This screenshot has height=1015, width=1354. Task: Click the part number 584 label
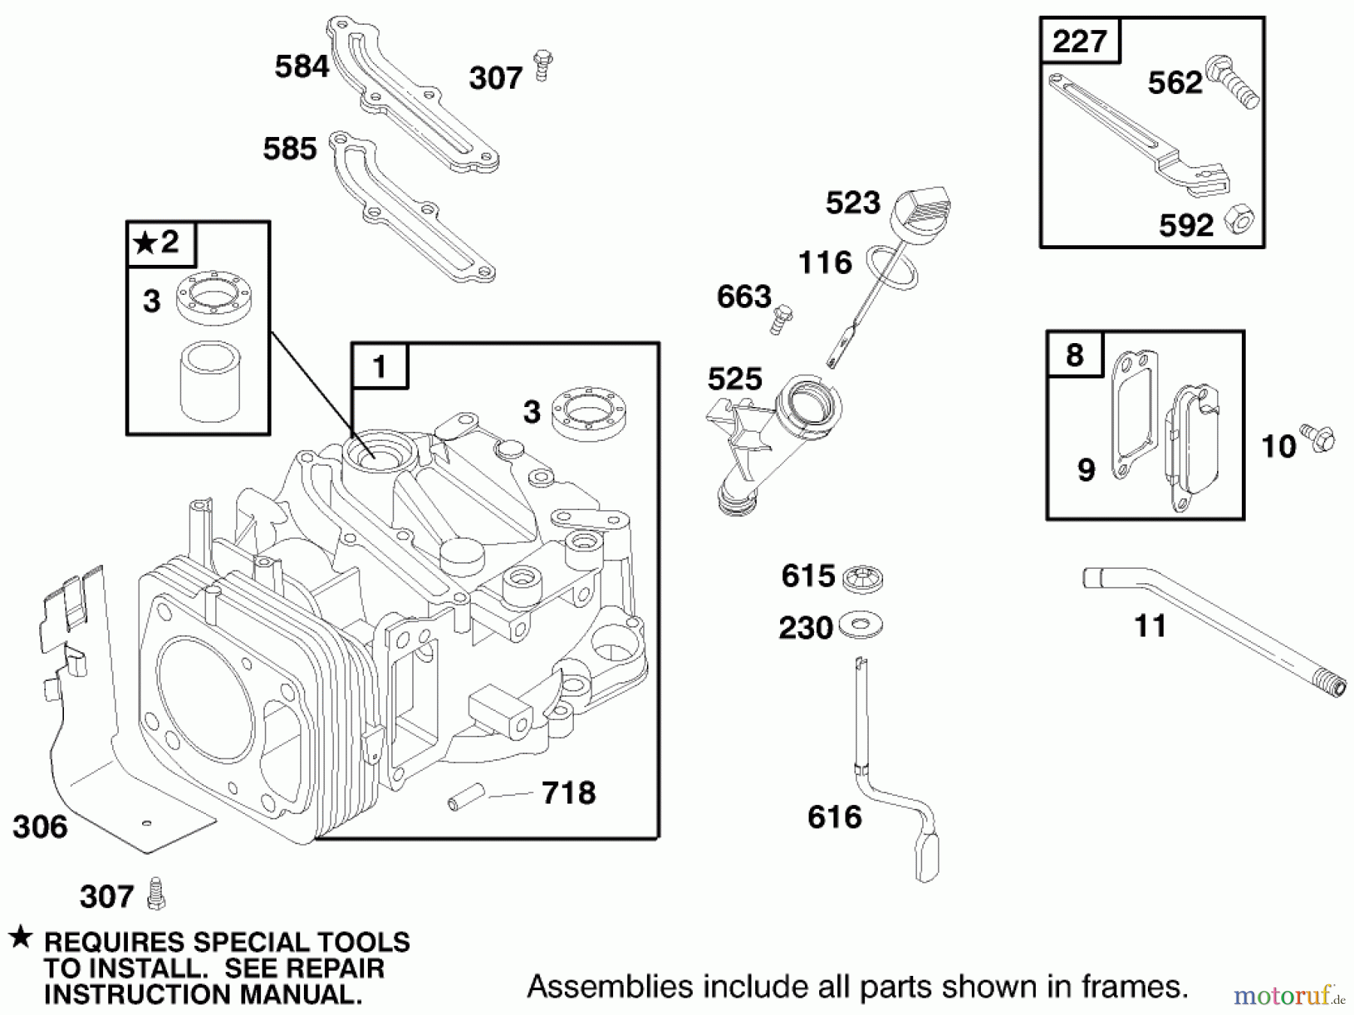tap(301, 67)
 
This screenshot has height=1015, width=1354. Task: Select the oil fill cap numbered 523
tap(921, 210)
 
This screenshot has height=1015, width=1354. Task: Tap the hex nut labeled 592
tap(1238, 220)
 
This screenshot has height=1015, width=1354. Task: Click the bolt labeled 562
tap(1231, 82)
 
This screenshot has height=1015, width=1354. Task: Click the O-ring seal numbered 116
tap(892, 267)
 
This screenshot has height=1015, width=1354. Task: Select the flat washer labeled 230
tap(861, 624)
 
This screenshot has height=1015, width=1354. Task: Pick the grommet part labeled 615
tap(862, 578)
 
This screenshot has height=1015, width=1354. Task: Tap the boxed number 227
tap(1079, 41)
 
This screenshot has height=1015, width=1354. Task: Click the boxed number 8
tap(1074, 354)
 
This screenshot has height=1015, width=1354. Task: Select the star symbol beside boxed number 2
tap(144, 243)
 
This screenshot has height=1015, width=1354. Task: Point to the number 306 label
tap(40, 827)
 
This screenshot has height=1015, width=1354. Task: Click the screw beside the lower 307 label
tap(156, 893)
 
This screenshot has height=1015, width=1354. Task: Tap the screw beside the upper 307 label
tap(542, 65)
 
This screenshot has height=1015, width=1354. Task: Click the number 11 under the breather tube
tap(1149, 626)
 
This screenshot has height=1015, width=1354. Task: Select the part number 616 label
tap(833, 817)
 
